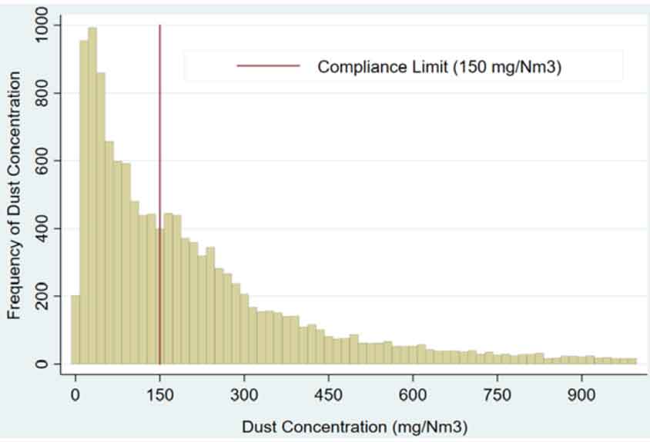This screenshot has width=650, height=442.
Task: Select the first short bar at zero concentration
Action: pos(75,330)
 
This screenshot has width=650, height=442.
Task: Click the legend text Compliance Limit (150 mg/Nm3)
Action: pos(440,66)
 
